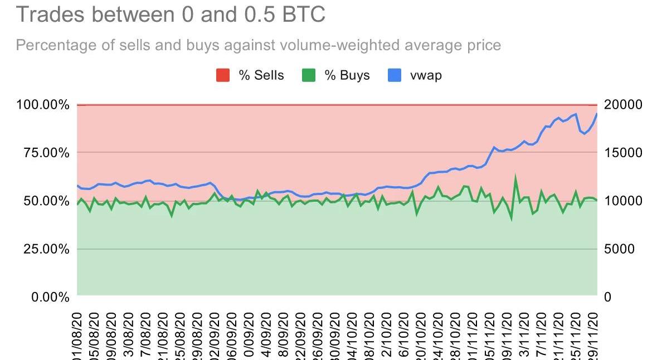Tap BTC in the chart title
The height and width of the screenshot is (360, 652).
pyautogui.click(x=303, y=14)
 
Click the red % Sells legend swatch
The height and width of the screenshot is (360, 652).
pyautogui.click(x=223, y=75)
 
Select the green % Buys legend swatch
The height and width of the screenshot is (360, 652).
pyautogui.click(x=309, y=75)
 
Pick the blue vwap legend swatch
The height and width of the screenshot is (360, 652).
pyautogui.click(x=394, y=75)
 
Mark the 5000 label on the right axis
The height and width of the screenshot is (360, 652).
pyautogui.click(x=620, y=249)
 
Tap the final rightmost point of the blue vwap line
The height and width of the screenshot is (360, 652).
pyautogui.click(x=597, y=114)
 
